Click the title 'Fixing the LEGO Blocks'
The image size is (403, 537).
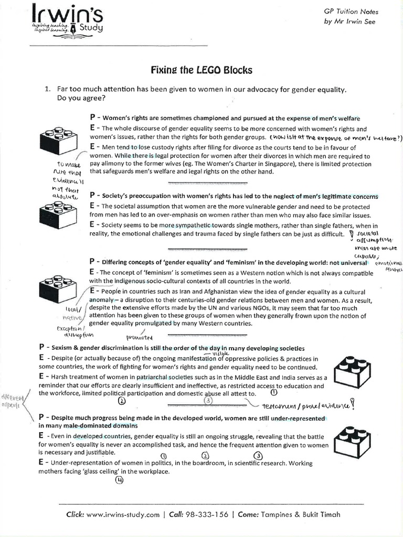[x=202, y=70]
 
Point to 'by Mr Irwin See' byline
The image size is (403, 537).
[x=350, y=22]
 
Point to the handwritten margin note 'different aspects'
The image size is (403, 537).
[x=10, y=401]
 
